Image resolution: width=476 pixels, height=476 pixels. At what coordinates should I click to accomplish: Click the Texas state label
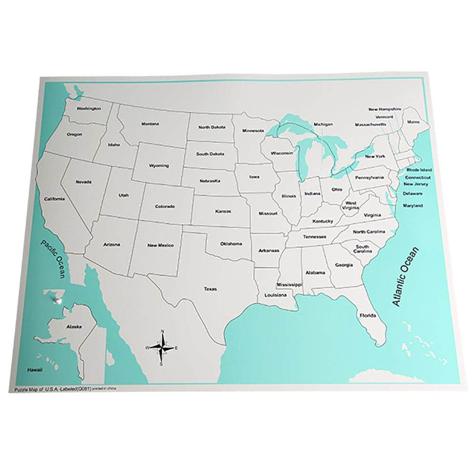click(210, 289)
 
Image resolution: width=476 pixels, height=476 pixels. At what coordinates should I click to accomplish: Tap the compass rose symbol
click(162, 348)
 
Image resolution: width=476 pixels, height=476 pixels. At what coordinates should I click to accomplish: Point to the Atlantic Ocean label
click(405, 276)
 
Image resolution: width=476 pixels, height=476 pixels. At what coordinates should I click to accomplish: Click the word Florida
click(368, 316)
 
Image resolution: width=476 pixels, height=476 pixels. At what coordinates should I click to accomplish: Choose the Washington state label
click(89, 109)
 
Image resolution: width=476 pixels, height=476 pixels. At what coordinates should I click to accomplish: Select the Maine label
click(413, 122)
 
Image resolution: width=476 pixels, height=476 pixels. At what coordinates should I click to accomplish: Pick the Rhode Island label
click(419, 170)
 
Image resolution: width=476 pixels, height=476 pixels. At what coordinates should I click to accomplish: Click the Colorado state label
click(165, 207)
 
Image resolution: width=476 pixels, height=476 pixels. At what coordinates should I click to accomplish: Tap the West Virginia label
click(351, 205)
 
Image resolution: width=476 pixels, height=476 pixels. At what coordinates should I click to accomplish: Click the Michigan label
click(323, 124)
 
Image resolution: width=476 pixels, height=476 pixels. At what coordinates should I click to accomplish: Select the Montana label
click(150, 124)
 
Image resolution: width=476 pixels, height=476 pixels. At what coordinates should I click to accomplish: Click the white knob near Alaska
click(58, 299)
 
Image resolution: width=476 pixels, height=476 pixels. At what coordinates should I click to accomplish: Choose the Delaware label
click(413, 194)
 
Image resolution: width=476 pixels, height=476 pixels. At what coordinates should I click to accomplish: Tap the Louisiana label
click(276, 295)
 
